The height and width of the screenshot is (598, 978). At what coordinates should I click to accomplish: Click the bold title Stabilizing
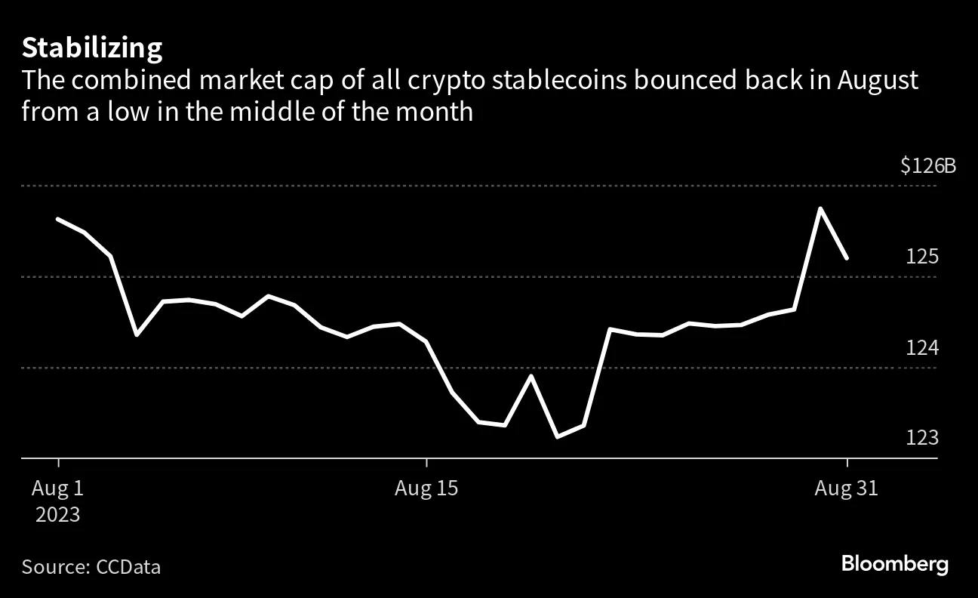click(x=92, y=48)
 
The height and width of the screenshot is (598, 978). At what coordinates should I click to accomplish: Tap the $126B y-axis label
click(x=927, y=166)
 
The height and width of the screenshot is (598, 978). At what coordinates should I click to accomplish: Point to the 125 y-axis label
click(x=922, y=257)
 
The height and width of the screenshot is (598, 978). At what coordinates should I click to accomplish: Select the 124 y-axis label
click(x=922, y=348)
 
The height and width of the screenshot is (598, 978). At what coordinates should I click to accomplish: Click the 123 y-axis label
click(x=922, y=439)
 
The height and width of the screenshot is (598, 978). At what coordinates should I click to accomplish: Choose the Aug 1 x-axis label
click(x=57, y=489)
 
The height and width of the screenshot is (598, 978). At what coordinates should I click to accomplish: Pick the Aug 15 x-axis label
click(x=426, y=489)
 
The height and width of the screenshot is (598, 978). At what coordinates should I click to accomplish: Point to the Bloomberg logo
click(x=894, y=564)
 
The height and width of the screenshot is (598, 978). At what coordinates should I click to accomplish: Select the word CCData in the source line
click(x=128, y=567)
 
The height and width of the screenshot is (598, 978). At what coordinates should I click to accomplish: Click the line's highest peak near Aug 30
click(x=820, y=208)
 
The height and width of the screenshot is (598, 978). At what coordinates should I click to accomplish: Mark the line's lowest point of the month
click(x=557, y=436)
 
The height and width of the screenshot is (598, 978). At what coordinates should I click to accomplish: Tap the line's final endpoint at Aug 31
click(x=847, y=257)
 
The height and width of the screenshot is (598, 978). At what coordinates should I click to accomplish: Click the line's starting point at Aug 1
click(x=58, y=219)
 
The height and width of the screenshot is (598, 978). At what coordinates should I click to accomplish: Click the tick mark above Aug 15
click(x=427, y=462)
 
